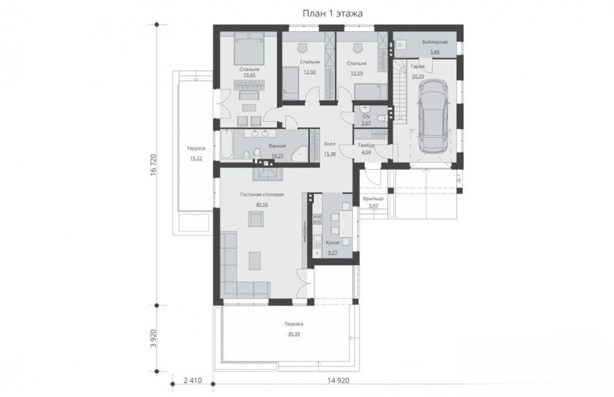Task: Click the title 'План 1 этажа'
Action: (x=333, y=14)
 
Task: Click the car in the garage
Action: (x=433, y=117)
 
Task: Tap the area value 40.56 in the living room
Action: (x=262, y=204)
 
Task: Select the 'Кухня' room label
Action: (x=333, y=243)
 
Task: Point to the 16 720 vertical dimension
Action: (x=153, y=165)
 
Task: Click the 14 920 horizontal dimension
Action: (x=338, y=380)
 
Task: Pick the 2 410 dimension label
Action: (x=193, y=380)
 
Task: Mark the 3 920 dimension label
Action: (x=153, y=338)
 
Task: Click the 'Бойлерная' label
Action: (x=435, y=42)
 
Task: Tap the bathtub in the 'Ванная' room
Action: (x=226, y=145)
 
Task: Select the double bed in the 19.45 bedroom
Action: (x=249, y=48)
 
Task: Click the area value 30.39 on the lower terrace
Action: (x=294, y=334)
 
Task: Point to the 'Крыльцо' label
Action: (x=373, y=198)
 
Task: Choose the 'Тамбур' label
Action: (x=366, y=145)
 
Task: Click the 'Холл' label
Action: (x=330, y=144)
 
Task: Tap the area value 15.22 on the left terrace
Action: (x=196, y=158)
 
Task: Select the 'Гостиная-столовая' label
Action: (x=262, y=195)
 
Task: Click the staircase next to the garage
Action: (x=400, y=90)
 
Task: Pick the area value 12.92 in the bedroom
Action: (x=310, y=72)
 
